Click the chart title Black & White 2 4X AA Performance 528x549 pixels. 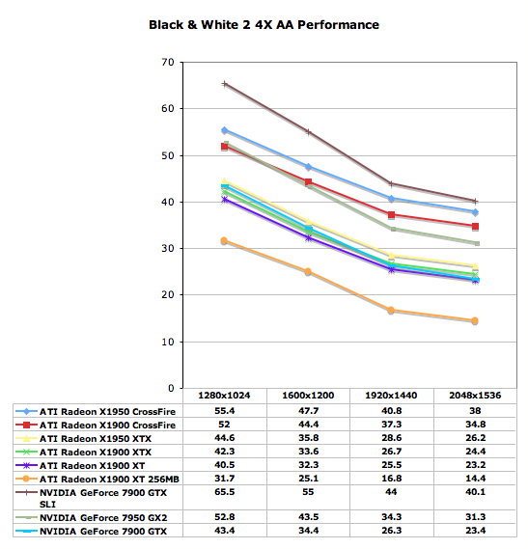[264, 25]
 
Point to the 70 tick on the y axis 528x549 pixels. [168, 63]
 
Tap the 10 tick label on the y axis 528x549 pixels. [168, 342]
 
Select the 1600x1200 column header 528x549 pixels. [308, 396]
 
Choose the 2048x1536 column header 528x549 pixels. [475, 396]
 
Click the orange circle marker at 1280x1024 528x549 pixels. [224, 240]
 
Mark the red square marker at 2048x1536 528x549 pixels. [475, 227]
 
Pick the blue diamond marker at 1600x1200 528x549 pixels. [308, 167]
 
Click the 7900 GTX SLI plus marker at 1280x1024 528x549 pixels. [225, 84]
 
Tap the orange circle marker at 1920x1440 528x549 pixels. [391, 310]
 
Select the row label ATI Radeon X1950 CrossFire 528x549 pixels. [107, 411]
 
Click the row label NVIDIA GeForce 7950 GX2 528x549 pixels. [103, 517]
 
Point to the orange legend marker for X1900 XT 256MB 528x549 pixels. [26, 479]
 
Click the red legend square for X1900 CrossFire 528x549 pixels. [26, 425]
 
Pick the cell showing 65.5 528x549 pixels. [224, 492]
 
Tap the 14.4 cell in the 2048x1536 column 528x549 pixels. [475, 479]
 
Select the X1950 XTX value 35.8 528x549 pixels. [308, 438]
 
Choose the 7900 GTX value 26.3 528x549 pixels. [391, 531]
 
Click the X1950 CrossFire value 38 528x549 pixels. [475, 411]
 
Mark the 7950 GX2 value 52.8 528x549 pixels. [224, 517]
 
